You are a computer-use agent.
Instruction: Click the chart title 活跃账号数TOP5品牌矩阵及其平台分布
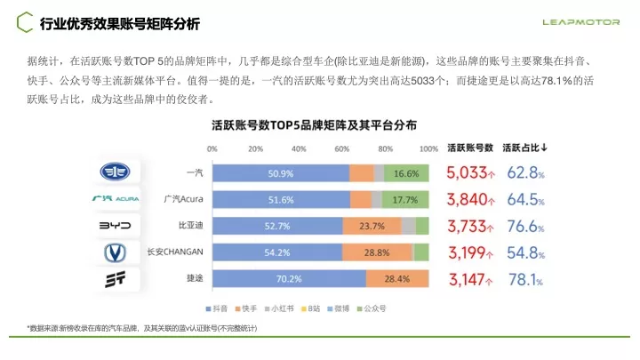[315, 125]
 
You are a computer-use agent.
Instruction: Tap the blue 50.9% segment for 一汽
[280, 172]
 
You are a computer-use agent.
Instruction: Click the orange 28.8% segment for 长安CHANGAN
[377, 252]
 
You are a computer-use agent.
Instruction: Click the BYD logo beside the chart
[113, 226]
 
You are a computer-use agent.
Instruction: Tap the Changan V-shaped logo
[113, 253]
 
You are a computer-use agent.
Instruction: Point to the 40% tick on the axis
[299, 148]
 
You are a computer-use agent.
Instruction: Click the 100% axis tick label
[428, 148]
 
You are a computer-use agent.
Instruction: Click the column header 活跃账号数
[469, 148]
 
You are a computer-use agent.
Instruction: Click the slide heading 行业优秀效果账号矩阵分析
[120, 22]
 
